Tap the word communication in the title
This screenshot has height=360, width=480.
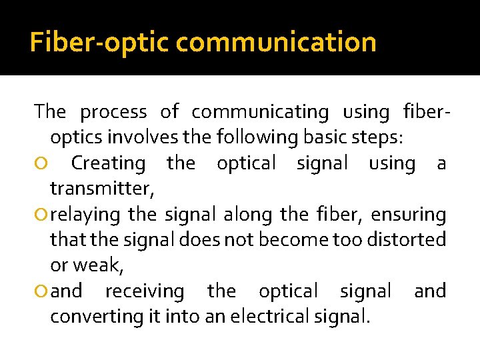[277, 43]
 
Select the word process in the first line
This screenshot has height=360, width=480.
[113, 112]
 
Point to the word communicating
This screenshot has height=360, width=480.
[260, 112]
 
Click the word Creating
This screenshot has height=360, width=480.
[108, 163]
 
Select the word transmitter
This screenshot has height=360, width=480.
[101, 189]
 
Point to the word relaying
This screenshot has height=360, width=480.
[85, 215]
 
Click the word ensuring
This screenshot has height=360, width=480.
[408, 215]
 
